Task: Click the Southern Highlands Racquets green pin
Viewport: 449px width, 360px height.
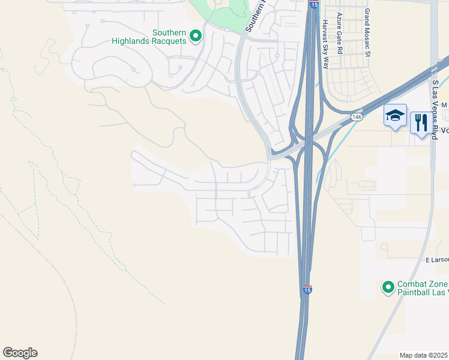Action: (x=195, y=37)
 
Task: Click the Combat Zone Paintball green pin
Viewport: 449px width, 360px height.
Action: (x=388, y=287)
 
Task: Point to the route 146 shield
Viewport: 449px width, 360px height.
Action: (x=357, y=117)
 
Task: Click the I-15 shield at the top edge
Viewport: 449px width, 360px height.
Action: (x=315, y=4)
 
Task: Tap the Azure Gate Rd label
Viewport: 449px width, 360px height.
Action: (x=340, y=34)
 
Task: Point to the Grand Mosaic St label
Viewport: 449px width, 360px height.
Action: (x=367, y=32)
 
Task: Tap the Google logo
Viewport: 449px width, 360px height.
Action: (x=20, y=353)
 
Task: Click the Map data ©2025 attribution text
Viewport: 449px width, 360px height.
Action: (x=424, y=355)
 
